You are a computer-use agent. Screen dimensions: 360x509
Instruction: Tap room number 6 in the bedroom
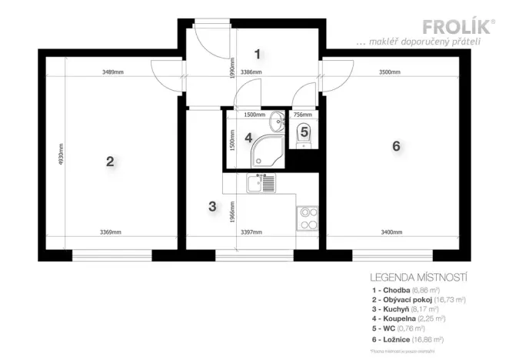[396, 146]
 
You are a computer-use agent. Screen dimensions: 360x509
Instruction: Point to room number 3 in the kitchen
[213, 206]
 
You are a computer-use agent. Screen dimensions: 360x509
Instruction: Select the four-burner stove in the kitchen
[308, 218]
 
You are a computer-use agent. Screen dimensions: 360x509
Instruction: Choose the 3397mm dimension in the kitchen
[251, 232]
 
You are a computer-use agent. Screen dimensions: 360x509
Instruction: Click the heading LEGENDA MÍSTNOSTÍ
[419, 276]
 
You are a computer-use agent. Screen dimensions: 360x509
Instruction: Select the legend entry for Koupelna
[408, 316]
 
